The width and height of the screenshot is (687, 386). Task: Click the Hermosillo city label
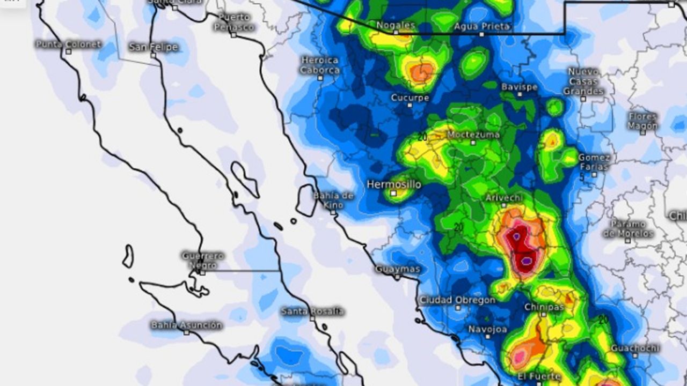pos(394,184)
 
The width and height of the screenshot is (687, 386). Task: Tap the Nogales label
pos(396,25)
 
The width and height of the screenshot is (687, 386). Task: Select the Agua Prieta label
pos(481,26)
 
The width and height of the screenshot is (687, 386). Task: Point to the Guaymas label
pos(397,269)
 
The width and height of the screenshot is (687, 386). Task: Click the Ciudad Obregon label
pos(457,300)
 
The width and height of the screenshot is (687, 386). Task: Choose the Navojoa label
pos(487,329)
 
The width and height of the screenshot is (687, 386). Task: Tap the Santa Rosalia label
pos(312,311)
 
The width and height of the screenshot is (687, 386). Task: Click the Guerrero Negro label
pos(202,260)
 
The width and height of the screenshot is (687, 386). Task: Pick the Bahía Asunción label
pos(186,325)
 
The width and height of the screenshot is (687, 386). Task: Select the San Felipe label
pos(153,47)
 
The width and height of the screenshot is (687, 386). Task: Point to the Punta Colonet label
pos(68,44)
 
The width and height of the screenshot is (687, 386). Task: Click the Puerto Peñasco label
pos(233,22)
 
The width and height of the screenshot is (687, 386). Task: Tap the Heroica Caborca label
pos(320,65)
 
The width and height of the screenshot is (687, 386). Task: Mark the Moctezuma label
pos(473,135)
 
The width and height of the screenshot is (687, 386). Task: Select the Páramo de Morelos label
pos(627,229)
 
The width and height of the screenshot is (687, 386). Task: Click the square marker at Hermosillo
pos(393,193)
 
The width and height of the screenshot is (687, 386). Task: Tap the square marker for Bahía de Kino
pos(333,213)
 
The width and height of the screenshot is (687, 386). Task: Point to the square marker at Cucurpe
pos(410,105)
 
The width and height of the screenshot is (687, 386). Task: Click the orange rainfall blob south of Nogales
pos(421,72)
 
